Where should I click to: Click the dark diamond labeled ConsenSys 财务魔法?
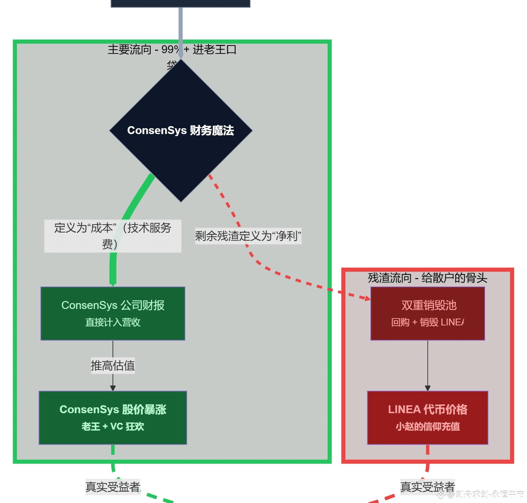tap(181, 131)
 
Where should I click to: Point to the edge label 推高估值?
tap(113, 366)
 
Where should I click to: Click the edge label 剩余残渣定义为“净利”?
tap(248, 236)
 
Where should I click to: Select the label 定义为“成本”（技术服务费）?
tap(113, 236)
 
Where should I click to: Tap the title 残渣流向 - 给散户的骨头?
tap(428, 278)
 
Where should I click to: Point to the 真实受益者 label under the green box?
tap(113, 487)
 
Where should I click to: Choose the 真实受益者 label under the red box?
tap(428, 487)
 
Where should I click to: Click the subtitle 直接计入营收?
tap(113, 322)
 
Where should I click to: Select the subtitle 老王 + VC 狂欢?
tap(113, 427)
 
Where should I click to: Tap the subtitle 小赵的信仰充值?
tap(428, 427)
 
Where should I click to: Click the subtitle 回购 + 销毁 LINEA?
tap(428, 322)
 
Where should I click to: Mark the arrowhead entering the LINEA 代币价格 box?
tap(428, 388)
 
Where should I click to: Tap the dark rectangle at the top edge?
tap(180, 3)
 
